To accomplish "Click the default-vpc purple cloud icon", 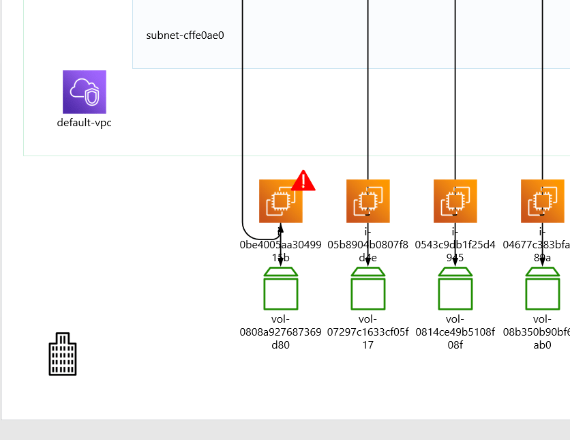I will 85,91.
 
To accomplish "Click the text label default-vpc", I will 85,123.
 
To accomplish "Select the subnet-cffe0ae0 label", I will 185,35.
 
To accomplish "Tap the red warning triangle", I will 303,181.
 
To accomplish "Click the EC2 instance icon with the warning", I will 280,201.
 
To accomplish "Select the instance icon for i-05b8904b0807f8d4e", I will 367,201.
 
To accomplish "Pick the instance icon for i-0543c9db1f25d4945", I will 455,201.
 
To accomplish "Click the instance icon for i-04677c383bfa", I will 543,201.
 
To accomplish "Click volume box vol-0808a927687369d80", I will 281,289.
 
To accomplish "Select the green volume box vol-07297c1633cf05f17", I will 368,289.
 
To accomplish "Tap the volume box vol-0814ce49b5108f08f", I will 455,289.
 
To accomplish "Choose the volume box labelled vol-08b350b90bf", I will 543,289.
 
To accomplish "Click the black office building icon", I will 63,355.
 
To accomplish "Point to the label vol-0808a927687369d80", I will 281,332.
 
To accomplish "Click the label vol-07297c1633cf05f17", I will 368,332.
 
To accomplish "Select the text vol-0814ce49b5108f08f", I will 455,332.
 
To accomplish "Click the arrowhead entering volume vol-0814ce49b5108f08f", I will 455,262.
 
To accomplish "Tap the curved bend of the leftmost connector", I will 246,228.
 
